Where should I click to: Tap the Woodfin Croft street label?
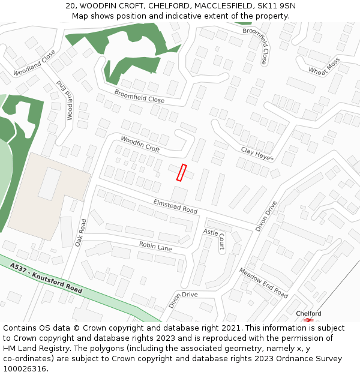pyautogui.click(x=140, y=143)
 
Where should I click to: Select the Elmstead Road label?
pyautogui.click(x=175, y=206)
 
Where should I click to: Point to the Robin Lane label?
pyautogui.click(x=155, y=245)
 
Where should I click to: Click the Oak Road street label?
pyautogui.click(x=81, y=232)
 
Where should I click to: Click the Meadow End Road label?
pyautogui.click(x=263, y=282)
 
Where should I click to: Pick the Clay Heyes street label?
pyautogui.click(x=257, y=154)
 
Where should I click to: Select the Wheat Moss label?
pyautogui.click(x=324, y=66)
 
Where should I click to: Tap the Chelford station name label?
pyautogui.click(x=308, y=313)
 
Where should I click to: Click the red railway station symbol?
pyautogui.click(x=308, y=320)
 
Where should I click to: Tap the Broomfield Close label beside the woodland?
pyautogui.click(x=139, y=96)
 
